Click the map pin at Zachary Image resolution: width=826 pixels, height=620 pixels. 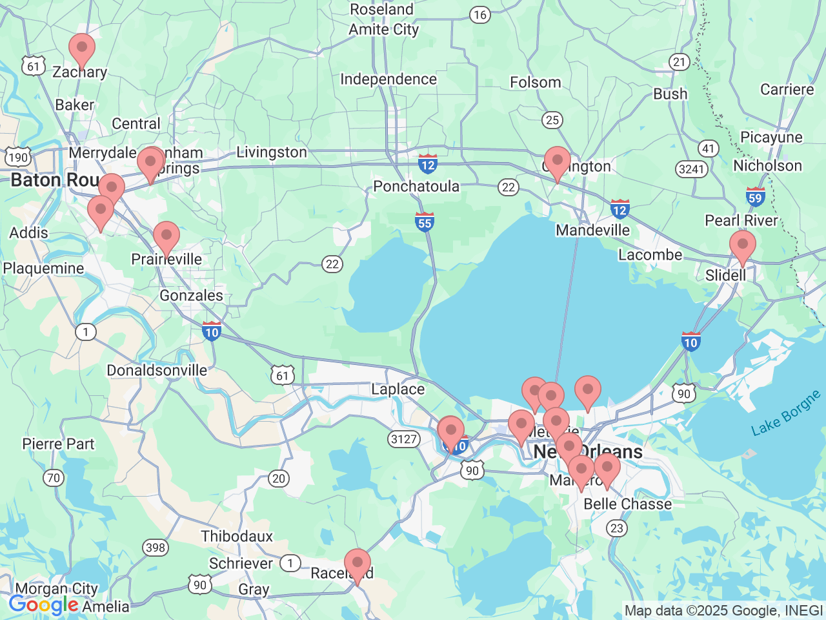[82, 49]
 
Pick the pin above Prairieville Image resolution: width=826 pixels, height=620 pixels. [166, 237]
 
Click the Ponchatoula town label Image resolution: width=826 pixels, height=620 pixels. [416, 187]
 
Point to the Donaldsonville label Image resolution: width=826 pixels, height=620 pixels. [157, 371]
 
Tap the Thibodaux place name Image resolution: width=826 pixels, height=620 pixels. [237, 537]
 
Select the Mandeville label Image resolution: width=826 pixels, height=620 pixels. [592, 231]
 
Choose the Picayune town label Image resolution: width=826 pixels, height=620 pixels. [771, 138]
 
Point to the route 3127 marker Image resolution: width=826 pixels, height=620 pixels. [404, 439]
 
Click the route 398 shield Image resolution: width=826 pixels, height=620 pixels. [156, 548]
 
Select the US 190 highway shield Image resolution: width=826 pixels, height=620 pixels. [18, 157]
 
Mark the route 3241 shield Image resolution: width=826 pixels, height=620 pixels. [691, 169]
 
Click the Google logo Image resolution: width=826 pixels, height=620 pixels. [43, 605]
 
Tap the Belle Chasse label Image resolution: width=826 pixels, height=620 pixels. [627, 504]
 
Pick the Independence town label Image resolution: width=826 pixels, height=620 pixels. [388, 79]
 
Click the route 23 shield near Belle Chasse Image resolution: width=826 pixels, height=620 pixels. [617, 528]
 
